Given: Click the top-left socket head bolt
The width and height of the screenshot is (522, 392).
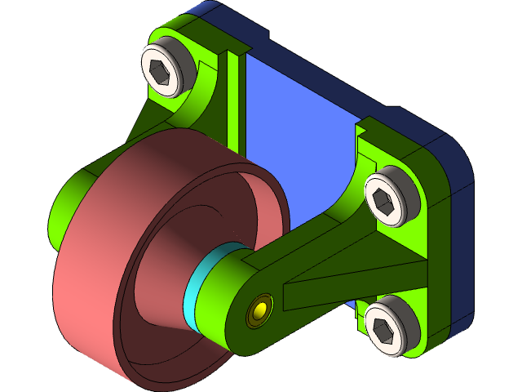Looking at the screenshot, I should [166, 69].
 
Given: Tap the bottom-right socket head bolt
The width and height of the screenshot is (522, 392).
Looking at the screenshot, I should [389, 326].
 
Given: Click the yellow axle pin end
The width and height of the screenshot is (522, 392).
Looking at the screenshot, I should [260, 311].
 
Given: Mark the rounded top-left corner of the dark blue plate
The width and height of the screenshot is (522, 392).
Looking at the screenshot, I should [200, 12].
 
